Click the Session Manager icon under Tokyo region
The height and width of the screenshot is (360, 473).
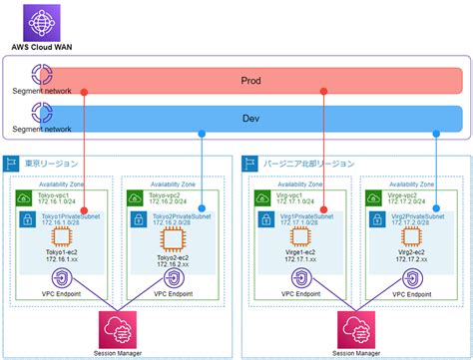117,325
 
